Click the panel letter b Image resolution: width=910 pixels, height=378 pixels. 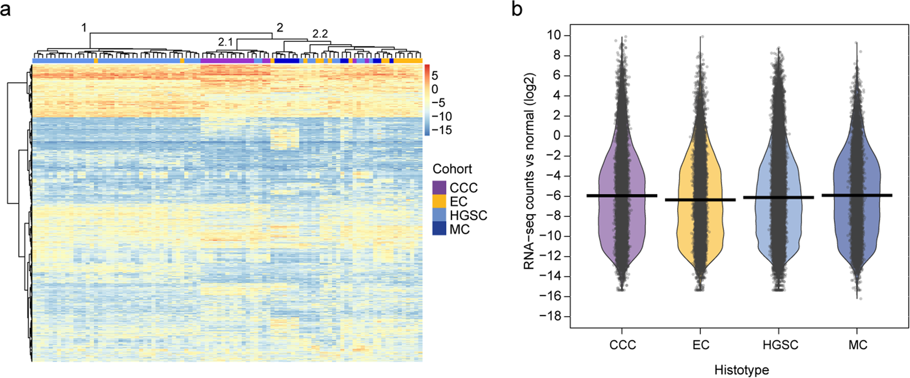[x=517, y=9]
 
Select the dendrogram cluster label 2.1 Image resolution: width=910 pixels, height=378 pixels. [x=225, y=42]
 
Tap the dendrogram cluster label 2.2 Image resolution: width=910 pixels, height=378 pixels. [x=320, y=34]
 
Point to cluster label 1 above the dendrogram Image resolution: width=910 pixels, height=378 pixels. [x=84, y=27]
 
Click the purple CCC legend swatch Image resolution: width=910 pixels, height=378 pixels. [x=439, y=188]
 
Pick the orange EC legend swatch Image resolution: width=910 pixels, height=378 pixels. [x=439, y=201]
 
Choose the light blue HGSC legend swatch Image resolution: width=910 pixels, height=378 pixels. [x=439, y=215]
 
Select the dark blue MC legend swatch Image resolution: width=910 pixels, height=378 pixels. [x=439, y=228]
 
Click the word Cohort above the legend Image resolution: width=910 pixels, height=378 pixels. [x=452, y=169]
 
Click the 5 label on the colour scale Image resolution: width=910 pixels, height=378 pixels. [x=435, y=76]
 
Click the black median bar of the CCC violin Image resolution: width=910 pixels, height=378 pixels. [x=621, y=195]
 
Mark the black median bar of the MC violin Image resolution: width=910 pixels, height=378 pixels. [x=857, y=195]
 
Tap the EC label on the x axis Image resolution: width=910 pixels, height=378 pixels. [x=701, y=345]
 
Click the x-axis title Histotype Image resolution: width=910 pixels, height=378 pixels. [x=741, y=369]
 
